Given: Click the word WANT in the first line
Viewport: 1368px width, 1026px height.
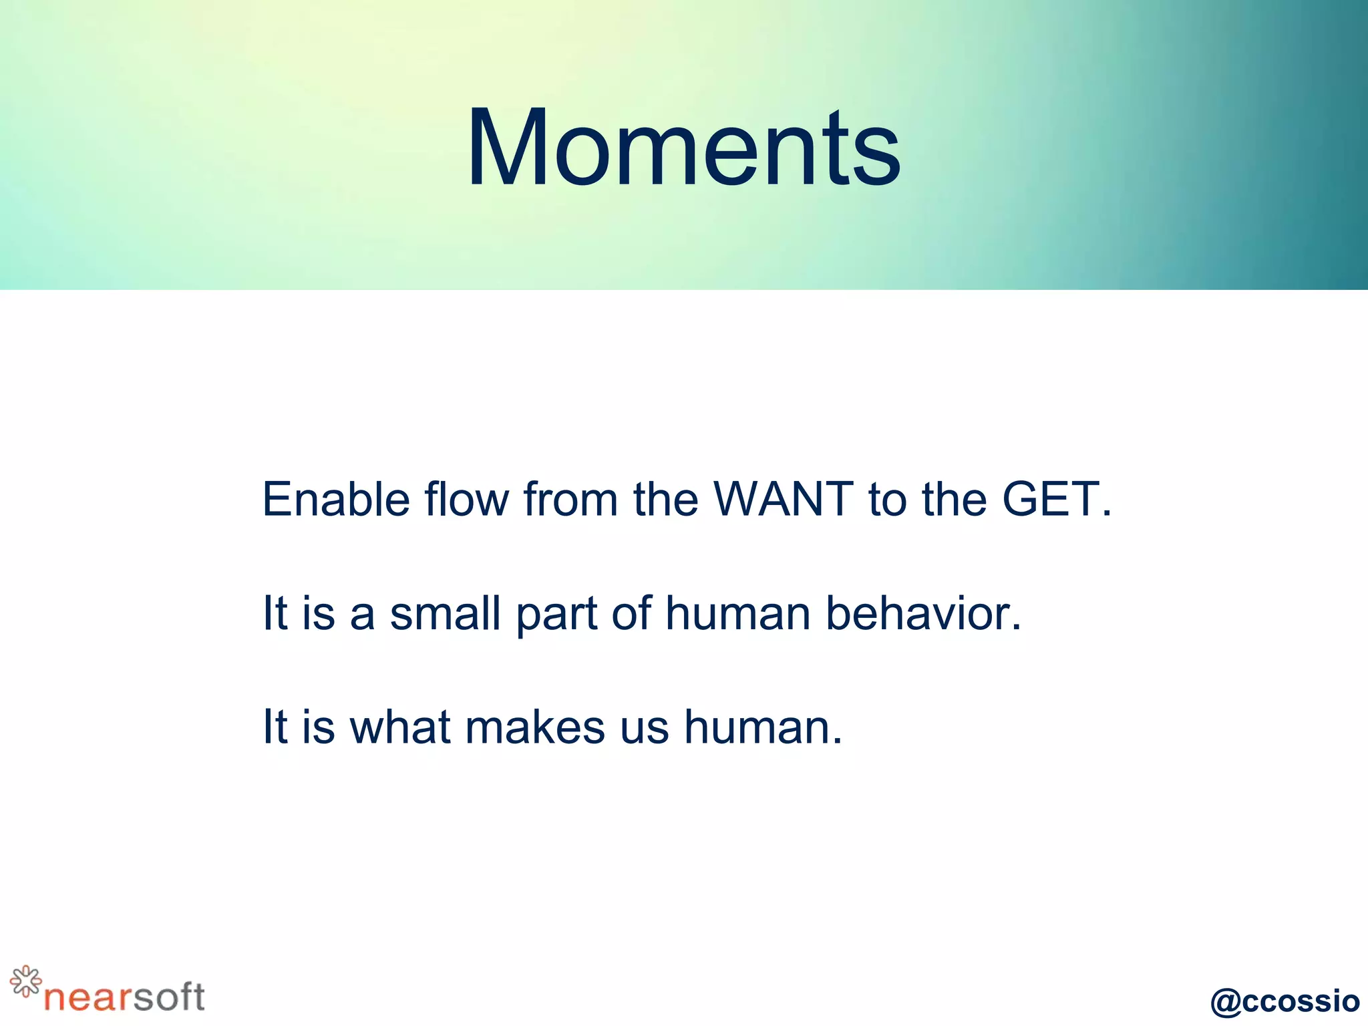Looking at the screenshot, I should tap(783, 499).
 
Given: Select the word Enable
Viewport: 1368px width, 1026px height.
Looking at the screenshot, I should tap(335, 499).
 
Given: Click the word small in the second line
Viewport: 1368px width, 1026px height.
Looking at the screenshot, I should tap(445, 613).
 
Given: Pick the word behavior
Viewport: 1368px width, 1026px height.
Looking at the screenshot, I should tap(923, 613).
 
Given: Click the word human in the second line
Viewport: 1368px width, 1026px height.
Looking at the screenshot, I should tap(737, 613).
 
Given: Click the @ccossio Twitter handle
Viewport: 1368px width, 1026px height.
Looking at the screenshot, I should tap(1285, 1001).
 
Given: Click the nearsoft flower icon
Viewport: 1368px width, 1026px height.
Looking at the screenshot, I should tap(25, 981).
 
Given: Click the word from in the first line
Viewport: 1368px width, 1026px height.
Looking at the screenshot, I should tap(570, 499).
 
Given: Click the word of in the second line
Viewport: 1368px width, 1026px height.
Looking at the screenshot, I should tap(631, 613).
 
